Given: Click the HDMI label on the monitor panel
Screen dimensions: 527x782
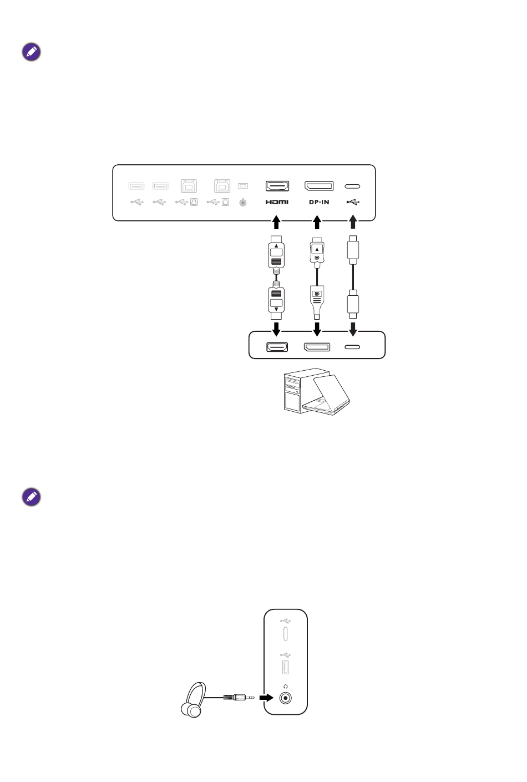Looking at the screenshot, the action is click(x=276, y=202).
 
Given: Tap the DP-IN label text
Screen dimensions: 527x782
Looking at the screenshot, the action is click(x=319, y=202).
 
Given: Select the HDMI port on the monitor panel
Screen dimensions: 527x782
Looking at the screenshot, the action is click(x=277, y=186).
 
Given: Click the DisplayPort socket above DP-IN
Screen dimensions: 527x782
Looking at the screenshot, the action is click(x=319, y=186).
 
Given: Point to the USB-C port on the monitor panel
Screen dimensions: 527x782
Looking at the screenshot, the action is click(x=352, y=186).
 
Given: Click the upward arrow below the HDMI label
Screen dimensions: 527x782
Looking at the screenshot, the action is click(x=276, y=223).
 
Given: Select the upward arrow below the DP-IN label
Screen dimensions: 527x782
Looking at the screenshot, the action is click(x=317, y=223).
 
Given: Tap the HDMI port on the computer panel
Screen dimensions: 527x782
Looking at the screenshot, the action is click(x=277, y=347).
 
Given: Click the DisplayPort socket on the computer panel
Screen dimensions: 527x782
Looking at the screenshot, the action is click(x=317, y=347).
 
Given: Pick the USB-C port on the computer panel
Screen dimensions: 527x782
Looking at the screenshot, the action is click(x=352, y=347).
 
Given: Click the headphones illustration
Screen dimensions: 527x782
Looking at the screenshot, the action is click(x=194, y=700).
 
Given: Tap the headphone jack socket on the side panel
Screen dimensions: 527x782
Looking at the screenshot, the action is click(x=285, y=698).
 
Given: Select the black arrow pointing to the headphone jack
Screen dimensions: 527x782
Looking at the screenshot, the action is click(x=267, y=697).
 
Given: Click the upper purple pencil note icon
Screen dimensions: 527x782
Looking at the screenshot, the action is click(x=32, y=52).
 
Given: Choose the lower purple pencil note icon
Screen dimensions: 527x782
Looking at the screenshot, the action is click(x=32, y=497).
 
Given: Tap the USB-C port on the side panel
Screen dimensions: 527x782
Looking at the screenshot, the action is click(x=285, y=633).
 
